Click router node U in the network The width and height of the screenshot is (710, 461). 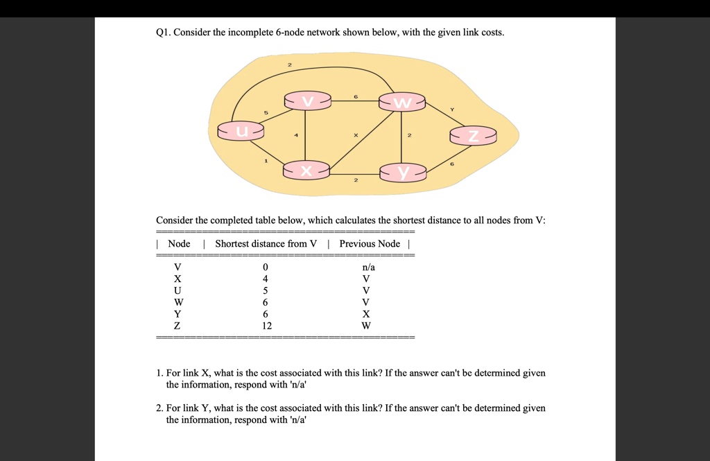coord(241,130)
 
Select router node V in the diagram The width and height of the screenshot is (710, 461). coord(308,102)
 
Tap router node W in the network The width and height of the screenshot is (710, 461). coord(402,103)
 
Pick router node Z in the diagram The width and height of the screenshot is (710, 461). coord(473,136)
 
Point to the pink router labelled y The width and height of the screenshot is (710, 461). coord(403,171)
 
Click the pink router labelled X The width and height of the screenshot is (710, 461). coord(306,170)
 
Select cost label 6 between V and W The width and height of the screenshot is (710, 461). coord(356,97)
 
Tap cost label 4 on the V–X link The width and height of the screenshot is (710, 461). coord(296,136)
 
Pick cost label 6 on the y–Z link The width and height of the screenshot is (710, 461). coord(453,164)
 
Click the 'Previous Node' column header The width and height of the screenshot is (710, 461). coord(370,243)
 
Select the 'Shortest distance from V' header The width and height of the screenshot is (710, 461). coord(266,243)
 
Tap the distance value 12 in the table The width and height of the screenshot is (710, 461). coord(267,326)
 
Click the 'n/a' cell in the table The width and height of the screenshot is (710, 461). coord(368,267)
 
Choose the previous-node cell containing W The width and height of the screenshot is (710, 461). coord(366,326)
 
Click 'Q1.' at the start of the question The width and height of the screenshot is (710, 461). coord(163,33)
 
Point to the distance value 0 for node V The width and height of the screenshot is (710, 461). coord(265,267)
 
